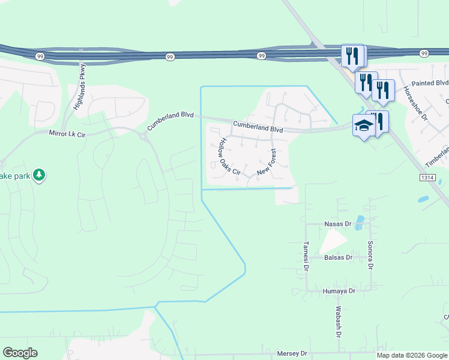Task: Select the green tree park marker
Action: click(40, 175)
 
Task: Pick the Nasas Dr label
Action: click(337, 224)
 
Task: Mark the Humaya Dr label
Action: click(339, 291)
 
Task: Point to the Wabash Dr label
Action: click(339, 323)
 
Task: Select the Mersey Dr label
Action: click(292, 354)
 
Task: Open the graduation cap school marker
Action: click(364, 126)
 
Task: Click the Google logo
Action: click(20, 353)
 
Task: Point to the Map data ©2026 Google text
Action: click(412, 355)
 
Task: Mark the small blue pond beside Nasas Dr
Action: click(359, 223)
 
